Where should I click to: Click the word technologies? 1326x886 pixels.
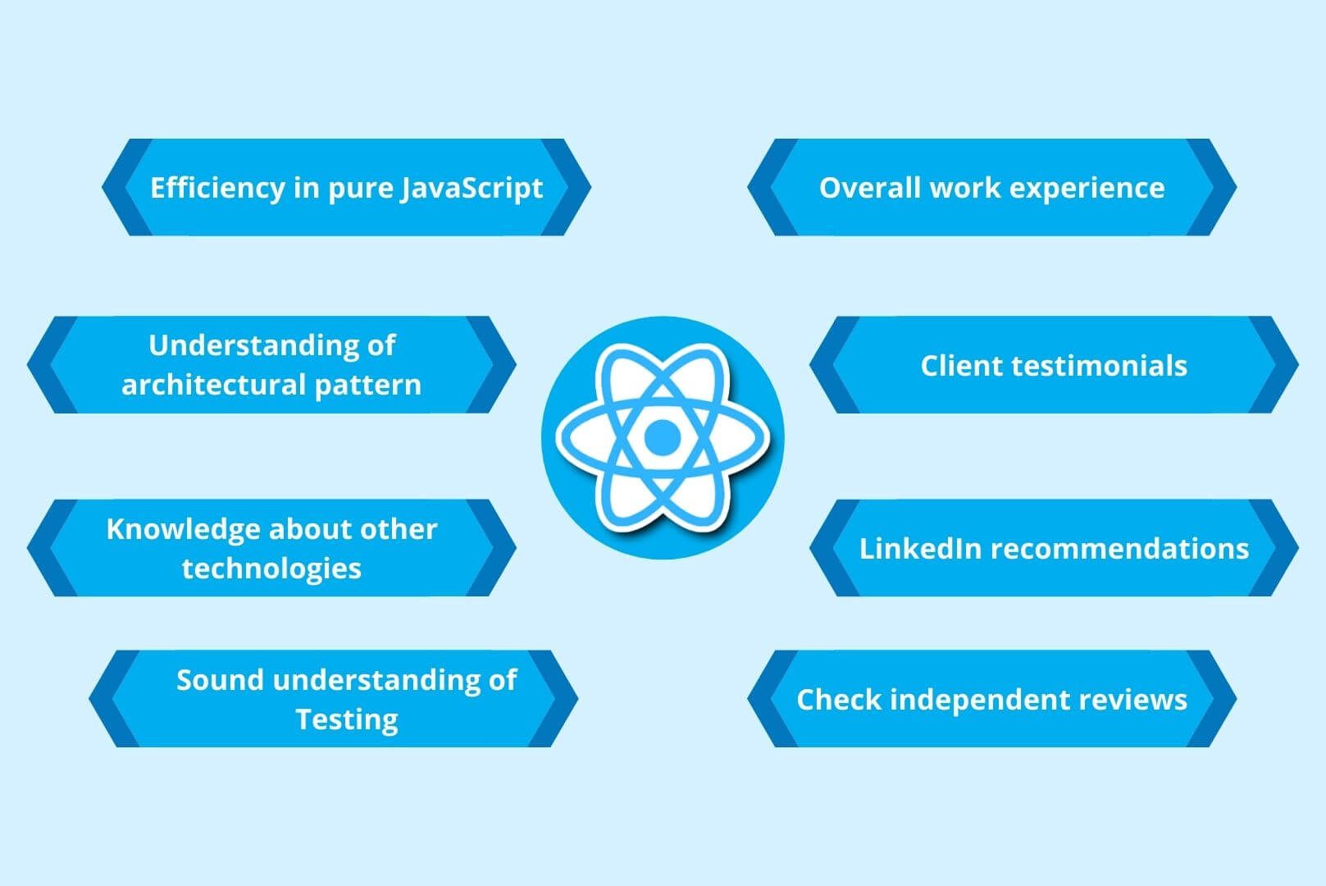coord(271,568)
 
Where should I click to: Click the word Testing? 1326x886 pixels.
coord(347,719)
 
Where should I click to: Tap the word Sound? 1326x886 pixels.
coord(219,680)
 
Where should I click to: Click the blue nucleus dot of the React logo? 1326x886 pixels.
coord(662,437)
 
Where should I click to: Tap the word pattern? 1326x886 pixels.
coord(375,385)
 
